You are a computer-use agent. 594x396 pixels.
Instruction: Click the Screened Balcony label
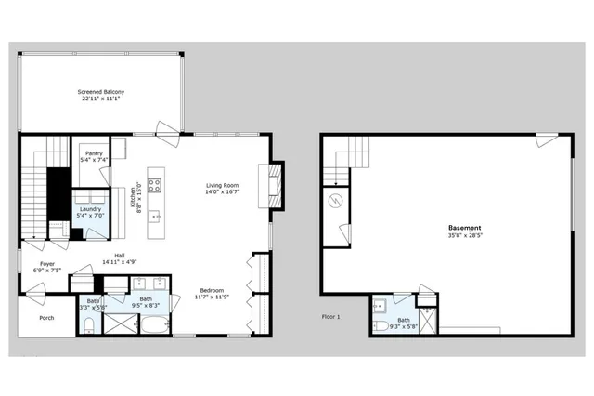tap(101, 92)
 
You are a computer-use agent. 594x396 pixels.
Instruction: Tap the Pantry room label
tap(94, 152)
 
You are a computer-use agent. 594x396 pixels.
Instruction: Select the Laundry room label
tap(90, 209)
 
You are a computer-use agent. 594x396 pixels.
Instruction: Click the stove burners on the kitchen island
tap(153, 184)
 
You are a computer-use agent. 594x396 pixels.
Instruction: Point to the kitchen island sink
tap(154, 216)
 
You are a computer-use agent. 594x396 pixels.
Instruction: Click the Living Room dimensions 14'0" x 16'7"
tap(223, 193)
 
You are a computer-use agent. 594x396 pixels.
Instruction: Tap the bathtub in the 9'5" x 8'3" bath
tap(152, 324)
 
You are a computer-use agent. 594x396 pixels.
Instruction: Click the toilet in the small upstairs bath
tap(87, 324)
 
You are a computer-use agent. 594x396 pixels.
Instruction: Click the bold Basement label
tap(464, 227)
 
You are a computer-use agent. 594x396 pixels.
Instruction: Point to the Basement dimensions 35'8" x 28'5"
tap(464, 236)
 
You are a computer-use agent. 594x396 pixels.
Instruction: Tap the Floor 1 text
tap(331, 317)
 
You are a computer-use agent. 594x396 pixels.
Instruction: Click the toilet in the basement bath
tap(381, 326)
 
